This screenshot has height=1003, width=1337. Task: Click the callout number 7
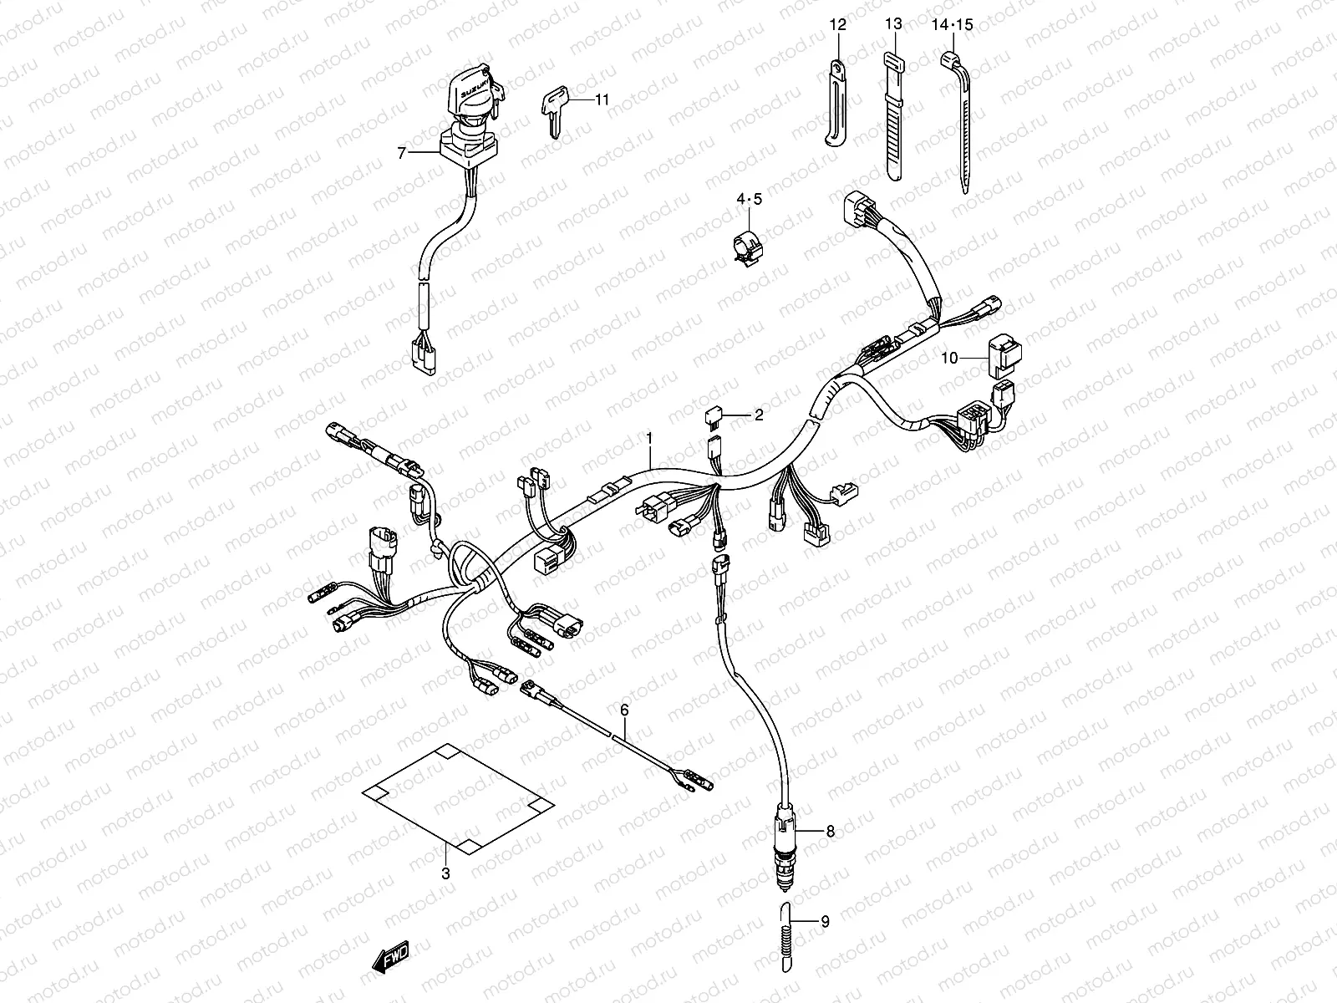(x=402, y=153)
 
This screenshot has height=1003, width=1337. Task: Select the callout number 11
(x=602, y=99)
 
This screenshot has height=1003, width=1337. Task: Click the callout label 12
(x=838, y=26)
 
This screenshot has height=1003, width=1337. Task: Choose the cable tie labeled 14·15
(x=959, y=125)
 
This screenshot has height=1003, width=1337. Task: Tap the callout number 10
(x=948, y=359)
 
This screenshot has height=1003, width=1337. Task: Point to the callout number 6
(x=623, y=710)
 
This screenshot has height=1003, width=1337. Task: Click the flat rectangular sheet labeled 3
(x=458, y=798)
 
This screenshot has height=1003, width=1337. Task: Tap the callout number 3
(x=445, y=874)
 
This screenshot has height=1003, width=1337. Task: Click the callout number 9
(x=825, y=923)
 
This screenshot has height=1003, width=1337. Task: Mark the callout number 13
(x=893, y=26)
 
